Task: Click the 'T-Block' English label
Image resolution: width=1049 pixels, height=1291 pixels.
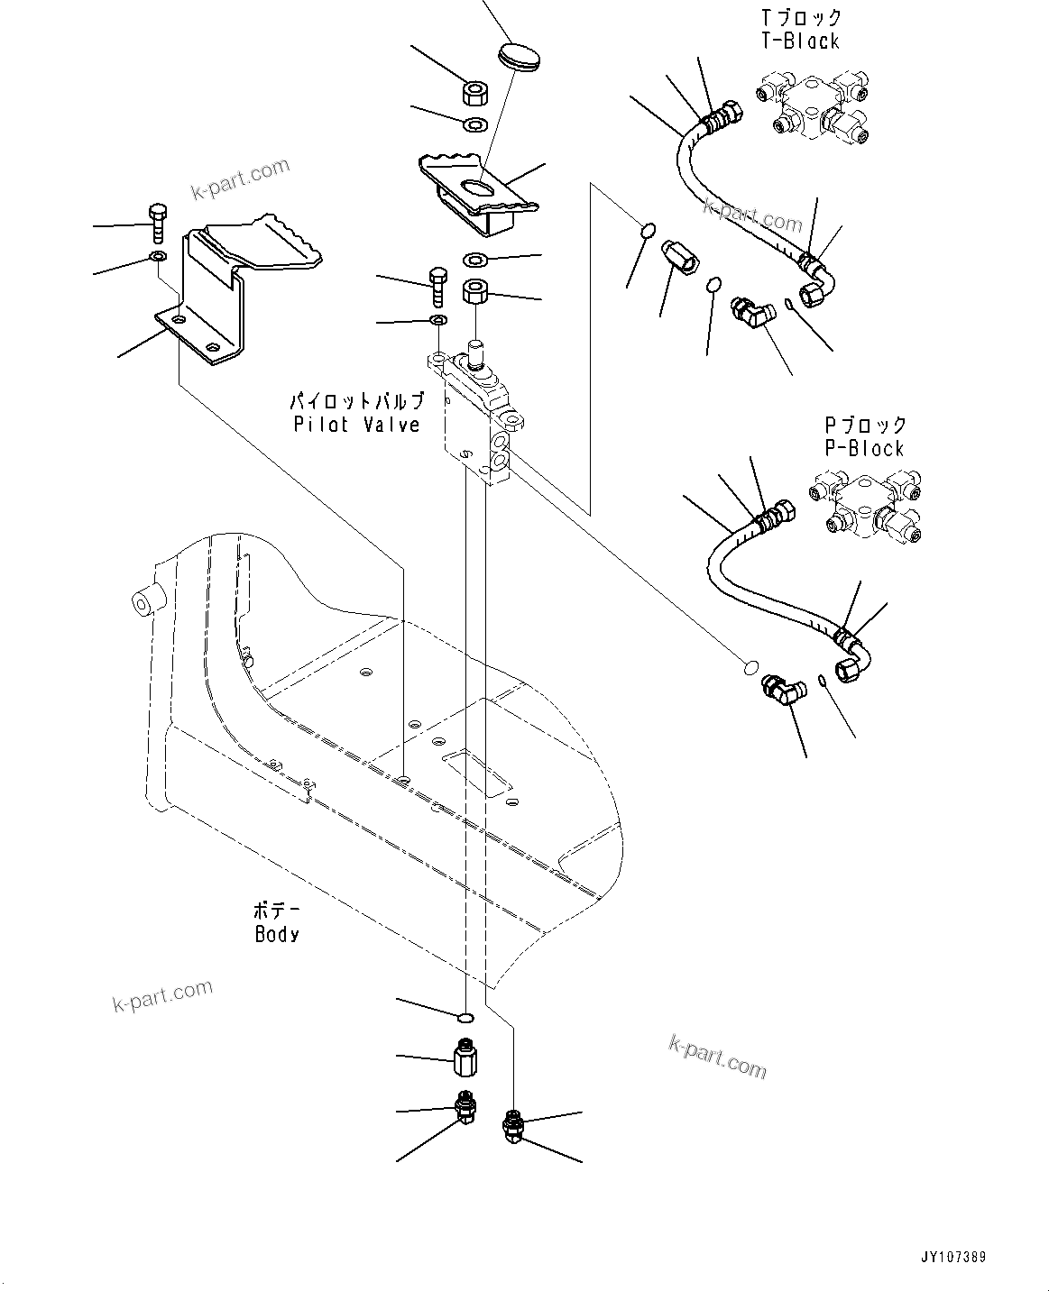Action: tap(800, 41)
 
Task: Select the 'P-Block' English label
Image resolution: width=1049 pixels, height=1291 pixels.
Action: tap(864, 448)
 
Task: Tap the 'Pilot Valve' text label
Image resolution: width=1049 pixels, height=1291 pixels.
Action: tap(357, 425)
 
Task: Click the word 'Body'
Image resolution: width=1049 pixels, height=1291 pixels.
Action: tap(277, 934)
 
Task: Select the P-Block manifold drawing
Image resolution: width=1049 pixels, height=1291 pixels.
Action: tap(868, 510)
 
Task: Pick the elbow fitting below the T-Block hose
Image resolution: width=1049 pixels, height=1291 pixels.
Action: tap(750, 314)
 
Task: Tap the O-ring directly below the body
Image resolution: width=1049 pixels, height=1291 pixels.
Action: tap(465, 1018)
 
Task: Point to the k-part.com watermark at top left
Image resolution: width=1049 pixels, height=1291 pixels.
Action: tap(240, 179)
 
